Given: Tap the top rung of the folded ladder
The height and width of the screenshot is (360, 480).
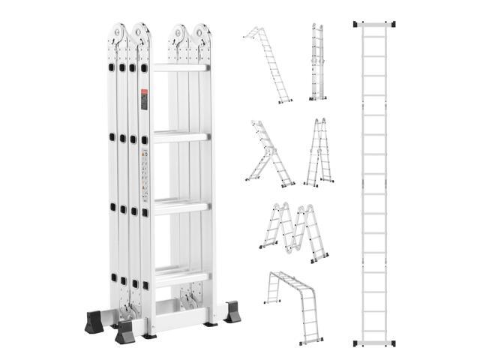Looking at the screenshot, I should click(x=180, y=68).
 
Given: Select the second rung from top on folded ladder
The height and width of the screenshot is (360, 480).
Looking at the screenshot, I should click(x=180, y=137).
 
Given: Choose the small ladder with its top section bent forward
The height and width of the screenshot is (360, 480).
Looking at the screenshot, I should click(x=267, y=64).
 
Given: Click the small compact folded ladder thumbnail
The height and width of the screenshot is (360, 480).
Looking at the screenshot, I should click(x=317, y=61).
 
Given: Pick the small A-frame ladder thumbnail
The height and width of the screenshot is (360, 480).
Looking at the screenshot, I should click(x=319, y=153).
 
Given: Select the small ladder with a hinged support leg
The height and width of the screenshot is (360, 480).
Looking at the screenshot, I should click(x=268, y=154).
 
